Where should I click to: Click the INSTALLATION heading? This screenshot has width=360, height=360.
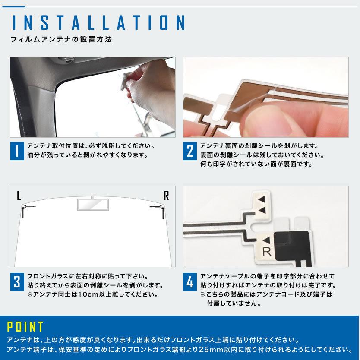pos(99,22)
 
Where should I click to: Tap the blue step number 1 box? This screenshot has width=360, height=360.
pos(17,151)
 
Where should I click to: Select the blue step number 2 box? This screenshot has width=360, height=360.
pos(189,151)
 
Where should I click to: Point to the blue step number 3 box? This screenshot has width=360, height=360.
pos(17,282)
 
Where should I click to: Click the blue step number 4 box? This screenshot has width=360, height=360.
pos(189,282)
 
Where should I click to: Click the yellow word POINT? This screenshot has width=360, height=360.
pos(25,326)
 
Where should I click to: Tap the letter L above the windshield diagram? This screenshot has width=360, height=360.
pos(19,196)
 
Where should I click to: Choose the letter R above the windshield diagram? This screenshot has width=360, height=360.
pos(166,196)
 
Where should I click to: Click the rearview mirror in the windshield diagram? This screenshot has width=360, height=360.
pos(93,205)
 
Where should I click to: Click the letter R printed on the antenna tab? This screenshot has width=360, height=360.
pos(267,252)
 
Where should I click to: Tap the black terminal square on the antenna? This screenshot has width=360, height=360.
pos(291,246)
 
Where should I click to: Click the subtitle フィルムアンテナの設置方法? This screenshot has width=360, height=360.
pos(61,39)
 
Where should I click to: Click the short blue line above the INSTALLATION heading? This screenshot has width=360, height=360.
pos(13,6)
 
